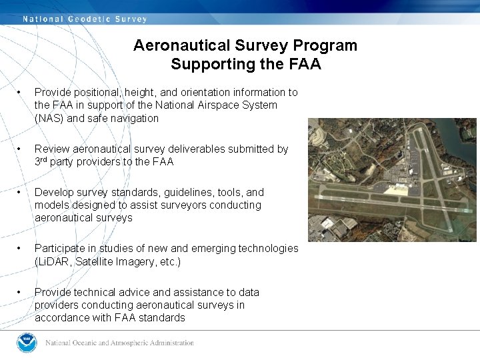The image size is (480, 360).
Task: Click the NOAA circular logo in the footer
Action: pyautogui.click(x=27, y=343)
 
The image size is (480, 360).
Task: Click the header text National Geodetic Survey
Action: pyautogui.click(x=85, y=19)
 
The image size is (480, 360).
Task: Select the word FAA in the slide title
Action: pyautogui.click(x=305, y=65)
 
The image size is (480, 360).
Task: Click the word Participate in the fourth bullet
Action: pyautogui.click(x=61, y=249)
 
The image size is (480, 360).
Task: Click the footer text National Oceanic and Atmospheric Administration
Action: pyautogui.click(x=119, y=343)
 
